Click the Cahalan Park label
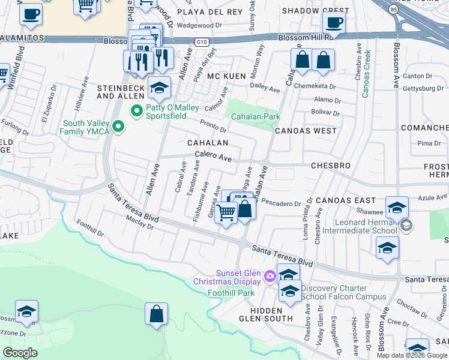(256, 116)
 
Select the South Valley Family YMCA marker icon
(119, 126)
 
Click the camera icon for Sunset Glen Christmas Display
(270, 276)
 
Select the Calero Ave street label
(212, 157)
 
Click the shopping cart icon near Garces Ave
(226, 212)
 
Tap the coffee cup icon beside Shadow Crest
(334, 23)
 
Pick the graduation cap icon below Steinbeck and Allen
(159, 89)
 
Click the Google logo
(20, 353)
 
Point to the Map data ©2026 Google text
(411, 355)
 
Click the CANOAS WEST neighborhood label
(306, 130)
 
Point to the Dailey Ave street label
(266, 89)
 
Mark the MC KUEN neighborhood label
(226, 77)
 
